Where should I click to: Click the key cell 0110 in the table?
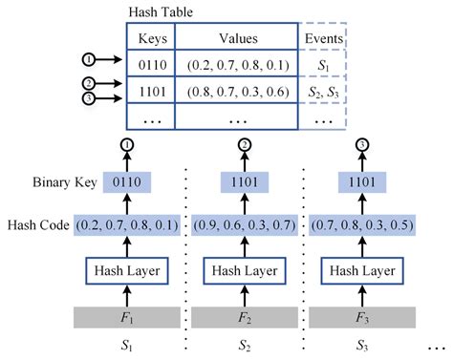150,65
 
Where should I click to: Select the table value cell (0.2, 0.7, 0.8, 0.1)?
235,65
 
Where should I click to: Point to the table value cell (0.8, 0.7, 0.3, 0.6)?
235,93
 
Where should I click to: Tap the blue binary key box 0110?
128,180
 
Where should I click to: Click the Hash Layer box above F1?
128,270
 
